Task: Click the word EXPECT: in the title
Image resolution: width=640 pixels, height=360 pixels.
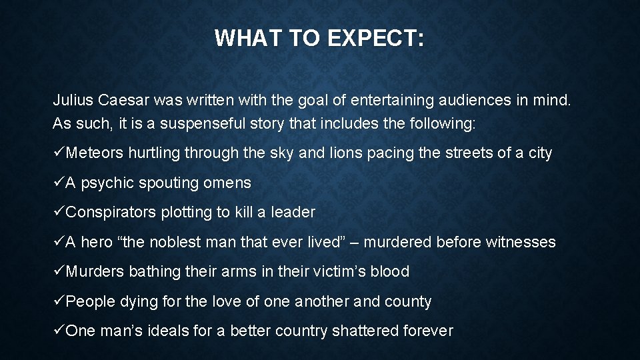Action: pos(375,39)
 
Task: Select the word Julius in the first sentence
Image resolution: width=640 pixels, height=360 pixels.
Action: pos(73,101)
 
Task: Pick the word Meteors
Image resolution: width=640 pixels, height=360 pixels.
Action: pos(95,153)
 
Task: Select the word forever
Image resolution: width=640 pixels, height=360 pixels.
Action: pos(429,331)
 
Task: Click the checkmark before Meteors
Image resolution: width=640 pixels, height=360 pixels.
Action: pos(59,153)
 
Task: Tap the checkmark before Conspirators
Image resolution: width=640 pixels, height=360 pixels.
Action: pos(59,213)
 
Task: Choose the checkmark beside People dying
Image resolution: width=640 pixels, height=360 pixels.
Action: pos(59,301)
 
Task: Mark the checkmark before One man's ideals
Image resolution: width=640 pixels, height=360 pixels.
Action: pos(59,331)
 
